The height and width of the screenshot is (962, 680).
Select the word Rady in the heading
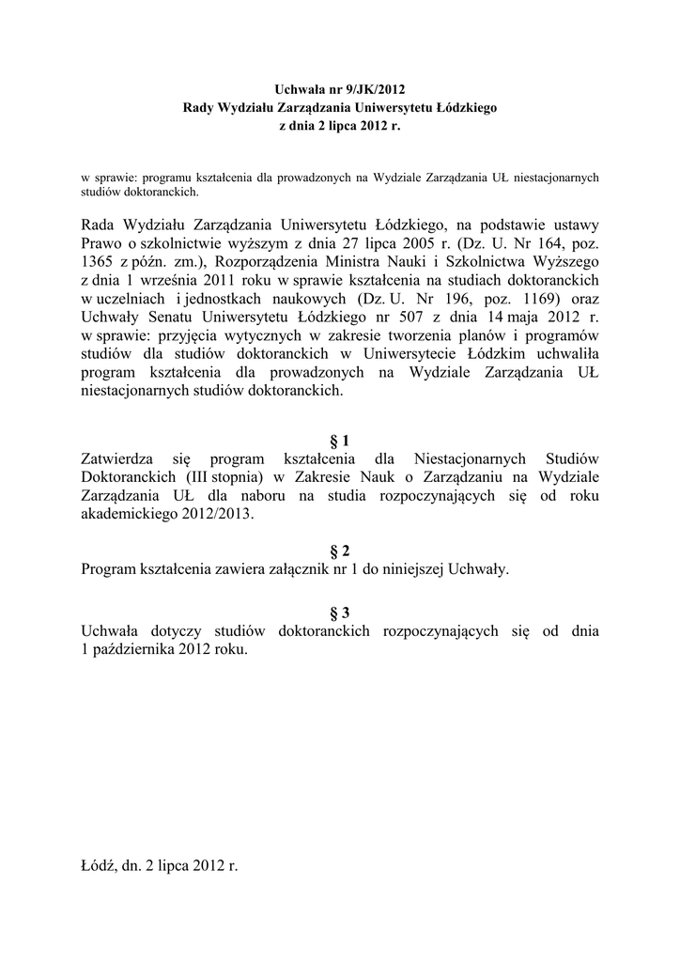tap(198, 108)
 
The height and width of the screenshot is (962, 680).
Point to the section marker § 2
tap(340, 551)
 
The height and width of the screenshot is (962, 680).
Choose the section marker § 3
tap(340, 613)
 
